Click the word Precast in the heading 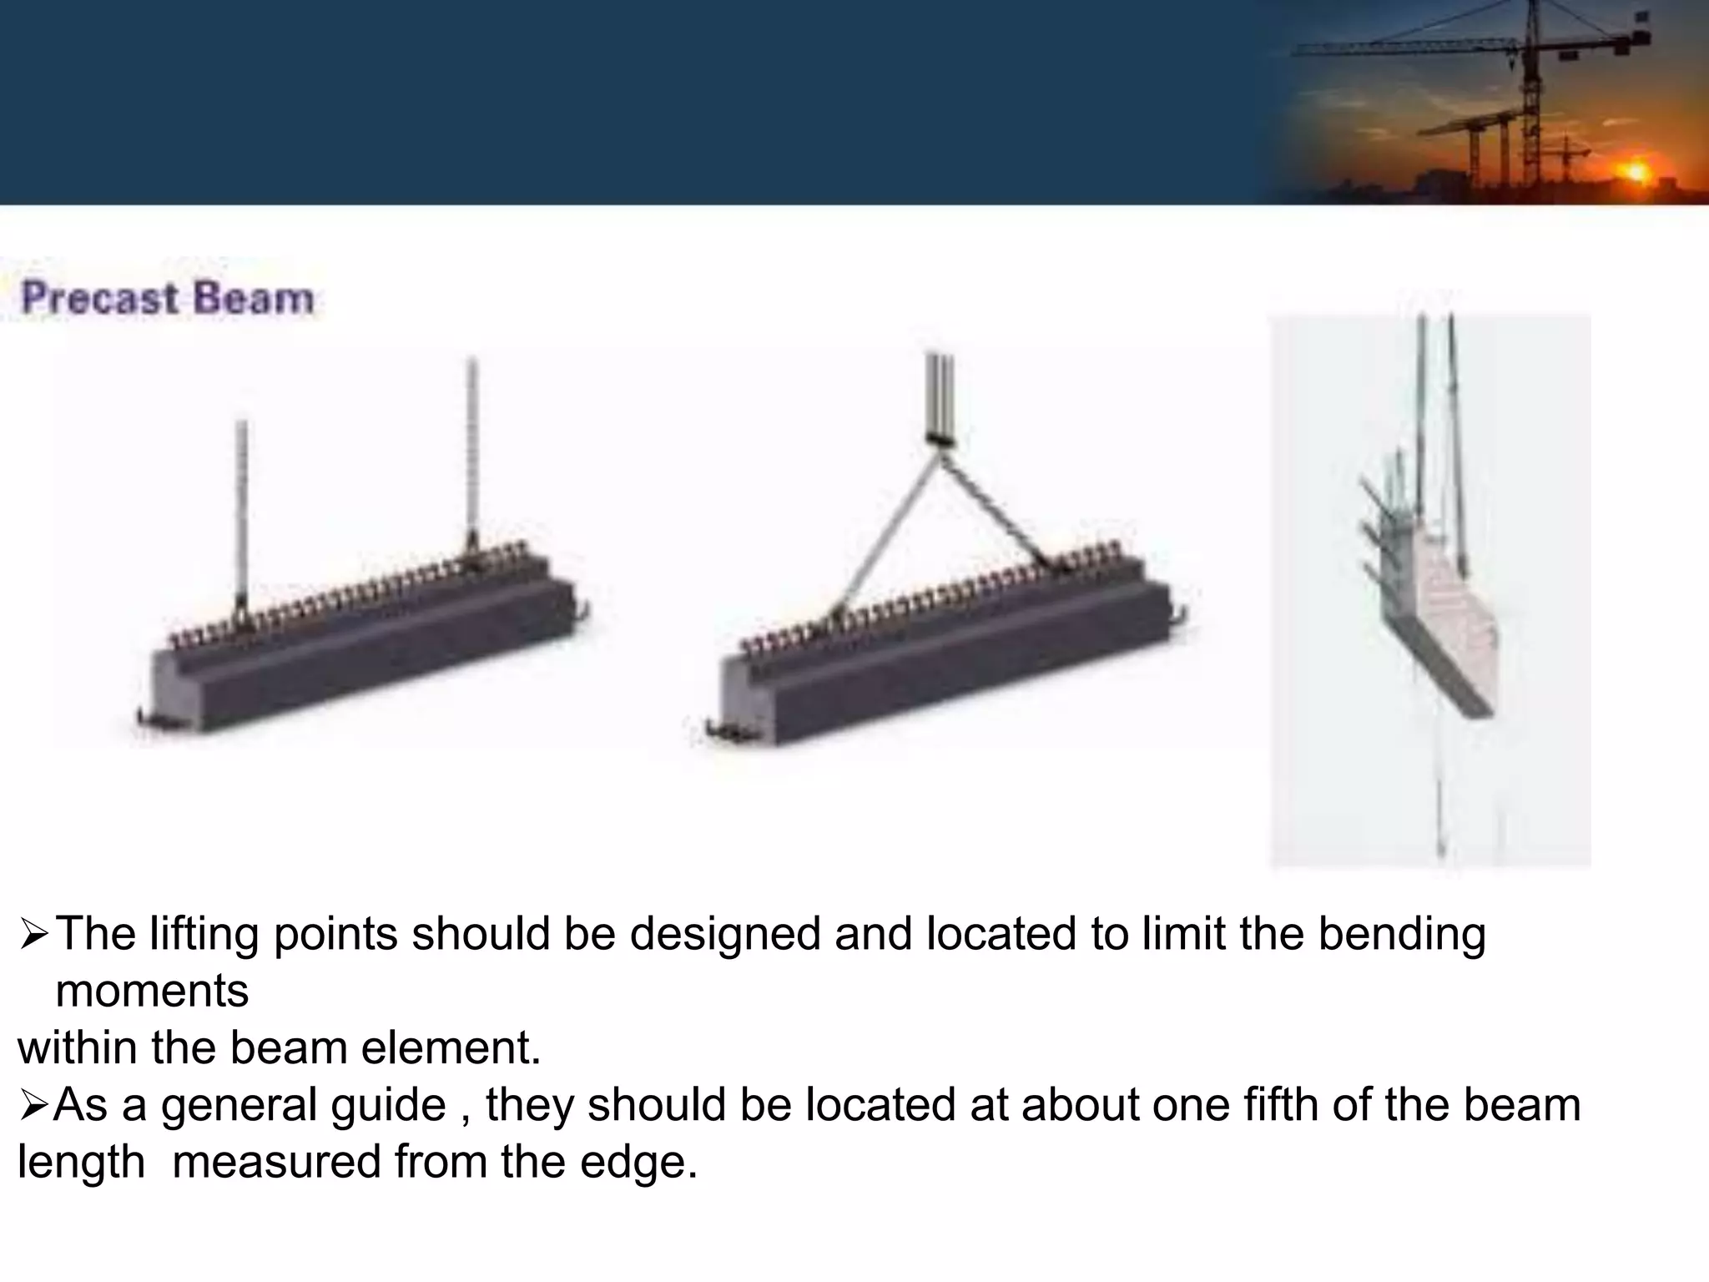coord(100,298)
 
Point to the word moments coord(152,991)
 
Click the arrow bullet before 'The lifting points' coord(34,936)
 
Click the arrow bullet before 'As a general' coord(34,1107)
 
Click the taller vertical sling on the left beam coord(472,451)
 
